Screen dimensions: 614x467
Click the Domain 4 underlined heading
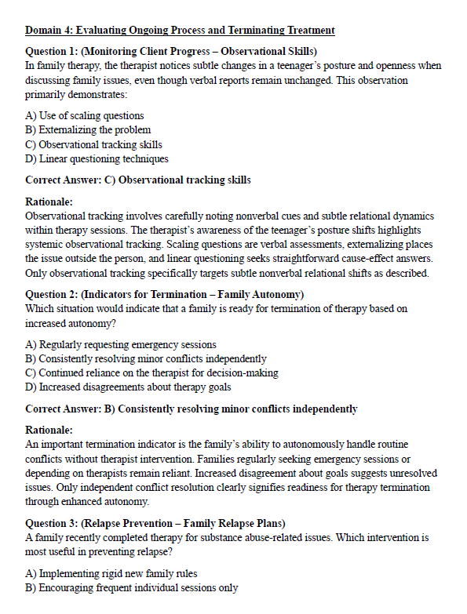click(180, 31)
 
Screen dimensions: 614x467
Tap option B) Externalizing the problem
click(88, 130)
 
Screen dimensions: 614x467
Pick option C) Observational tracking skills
click(94, 144)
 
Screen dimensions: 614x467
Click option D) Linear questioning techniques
click(97, 158)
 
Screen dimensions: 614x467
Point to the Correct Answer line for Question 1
click(138, 180)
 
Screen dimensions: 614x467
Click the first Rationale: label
click(49, 201)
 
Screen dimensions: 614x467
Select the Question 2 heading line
click(165, 294)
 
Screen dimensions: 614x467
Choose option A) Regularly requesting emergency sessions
click(121, 344)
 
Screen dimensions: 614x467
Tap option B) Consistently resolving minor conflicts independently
click(146, 358)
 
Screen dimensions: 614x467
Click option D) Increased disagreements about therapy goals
click(130, 387)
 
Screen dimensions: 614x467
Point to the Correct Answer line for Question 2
click(192, 409)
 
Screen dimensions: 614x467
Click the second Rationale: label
click(49, 430)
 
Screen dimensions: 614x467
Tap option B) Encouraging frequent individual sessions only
click(132, 587)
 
